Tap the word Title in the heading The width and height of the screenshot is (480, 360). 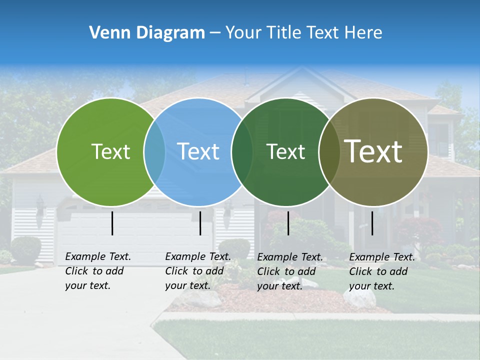click(286, 32)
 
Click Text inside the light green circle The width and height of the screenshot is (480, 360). click(110, 151)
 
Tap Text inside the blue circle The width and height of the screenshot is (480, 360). click(198, 151)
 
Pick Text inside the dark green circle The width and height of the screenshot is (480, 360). click(286, 151)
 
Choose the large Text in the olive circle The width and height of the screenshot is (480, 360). click(373, 151)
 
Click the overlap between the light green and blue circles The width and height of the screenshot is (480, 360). click(154, 151)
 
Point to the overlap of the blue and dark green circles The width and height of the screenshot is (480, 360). click(242, 151)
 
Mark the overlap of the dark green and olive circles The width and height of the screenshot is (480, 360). click(329, 151)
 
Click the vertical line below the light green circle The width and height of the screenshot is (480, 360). click(112, 223)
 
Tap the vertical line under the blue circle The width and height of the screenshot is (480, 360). click(200, 223)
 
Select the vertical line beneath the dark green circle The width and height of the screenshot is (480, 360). click(288, 223)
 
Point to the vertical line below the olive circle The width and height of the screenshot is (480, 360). click(372, 223)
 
